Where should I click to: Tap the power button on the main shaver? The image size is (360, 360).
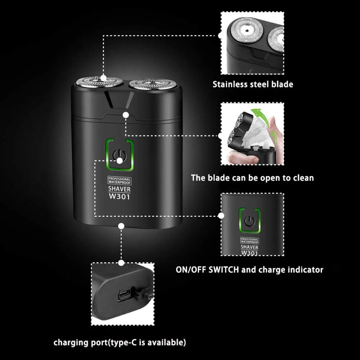click(120, 155)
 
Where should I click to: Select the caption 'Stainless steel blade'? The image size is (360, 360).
click(252, 85)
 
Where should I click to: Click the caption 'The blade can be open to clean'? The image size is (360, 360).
click(252, 177)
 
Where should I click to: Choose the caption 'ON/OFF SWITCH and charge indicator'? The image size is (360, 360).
click(249, 269)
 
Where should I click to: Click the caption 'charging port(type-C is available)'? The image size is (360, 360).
click(120, 341)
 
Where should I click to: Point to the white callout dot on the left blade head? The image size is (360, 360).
click(104, 77)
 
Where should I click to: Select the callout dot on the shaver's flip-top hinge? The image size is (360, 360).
click(126, 114)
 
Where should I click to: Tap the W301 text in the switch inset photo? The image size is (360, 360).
click(249, 253)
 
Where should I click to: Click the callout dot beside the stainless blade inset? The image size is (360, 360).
click(221, 35)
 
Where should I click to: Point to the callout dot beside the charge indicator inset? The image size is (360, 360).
click(221, 216)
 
